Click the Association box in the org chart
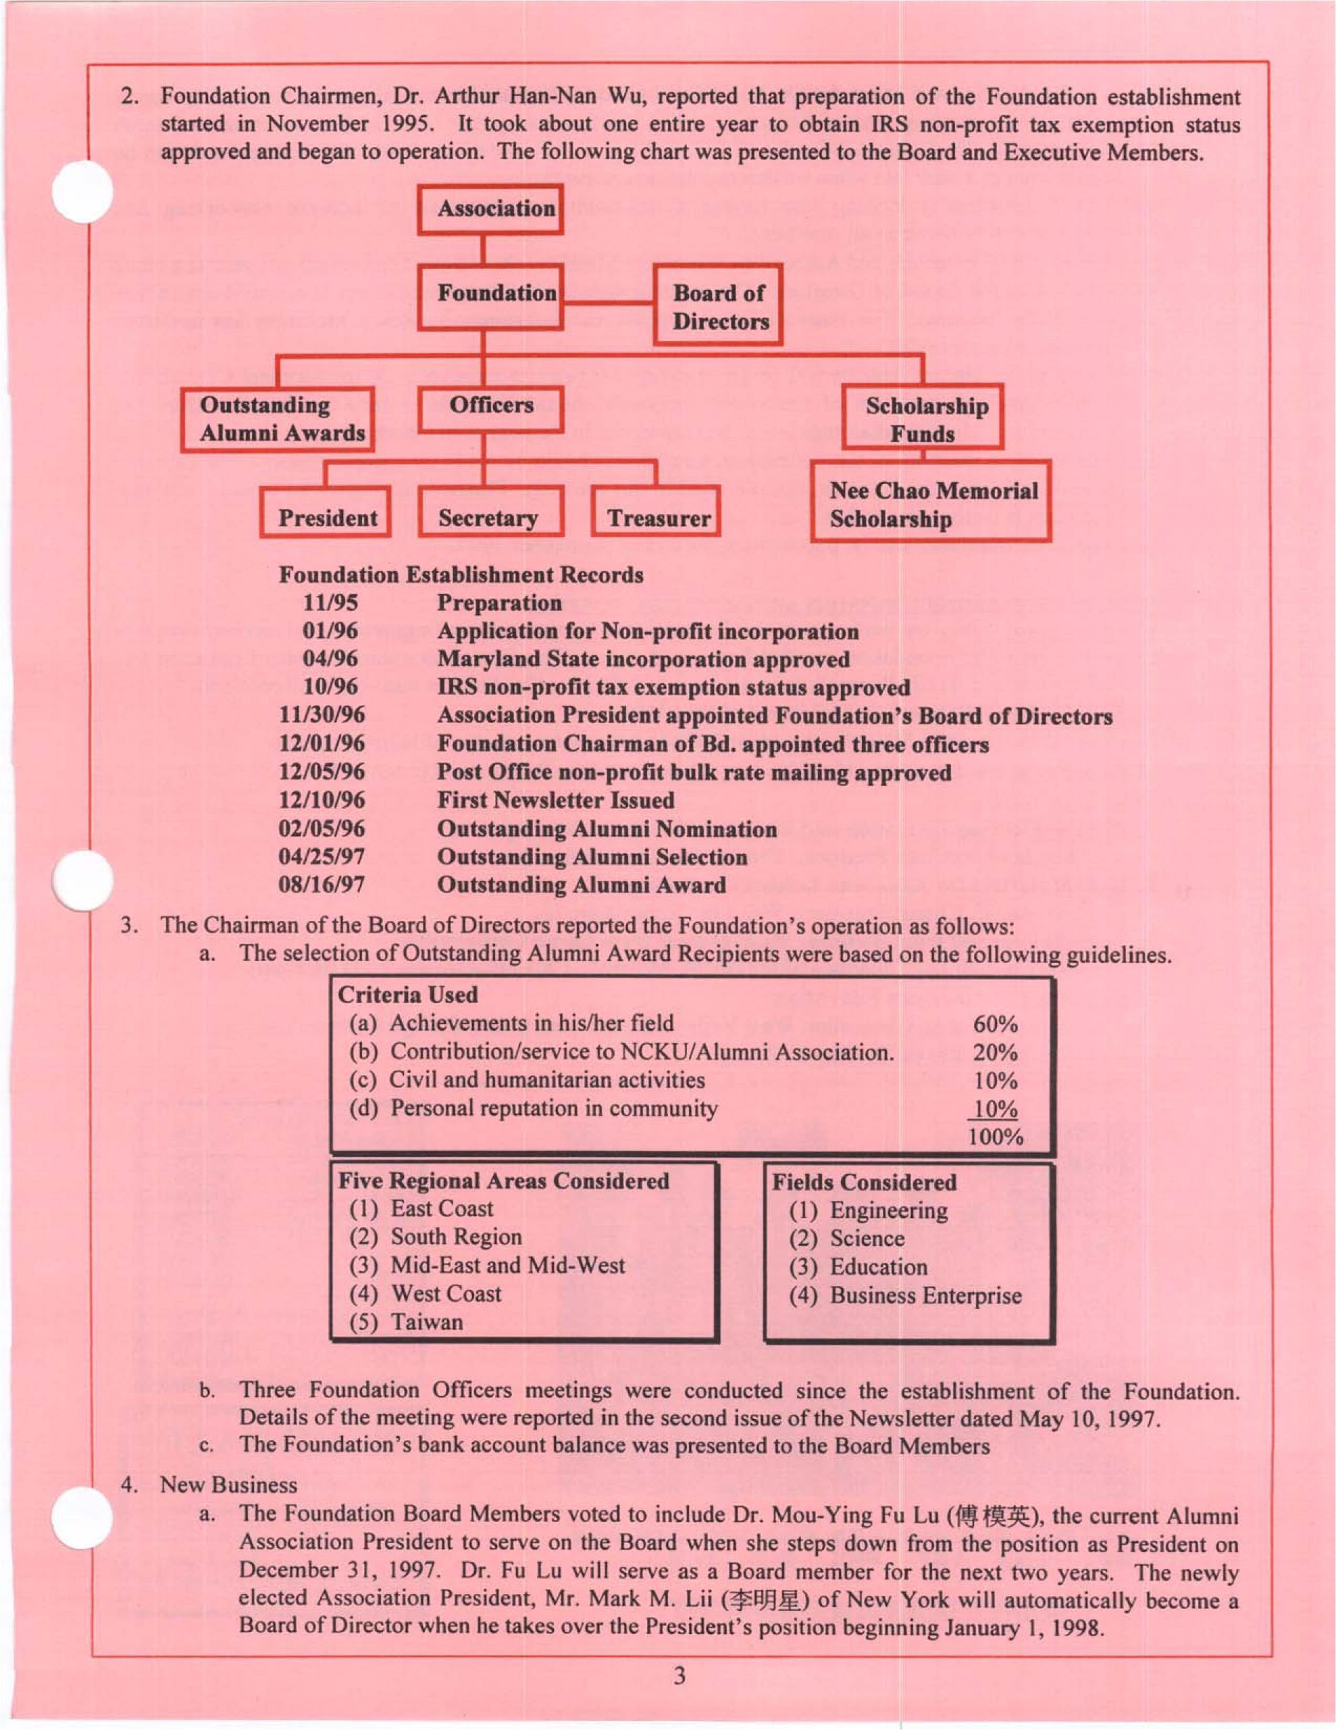490,209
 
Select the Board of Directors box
717,305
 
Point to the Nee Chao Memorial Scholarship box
931,503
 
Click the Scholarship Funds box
923,418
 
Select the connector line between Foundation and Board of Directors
607,303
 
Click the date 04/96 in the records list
330,659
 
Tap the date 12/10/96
322,800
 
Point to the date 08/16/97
322,885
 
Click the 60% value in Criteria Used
995,1024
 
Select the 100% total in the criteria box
996,1137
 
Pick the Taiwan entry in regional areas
426,1322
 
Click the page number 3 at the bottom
679,1676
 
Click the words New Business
229,1485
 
